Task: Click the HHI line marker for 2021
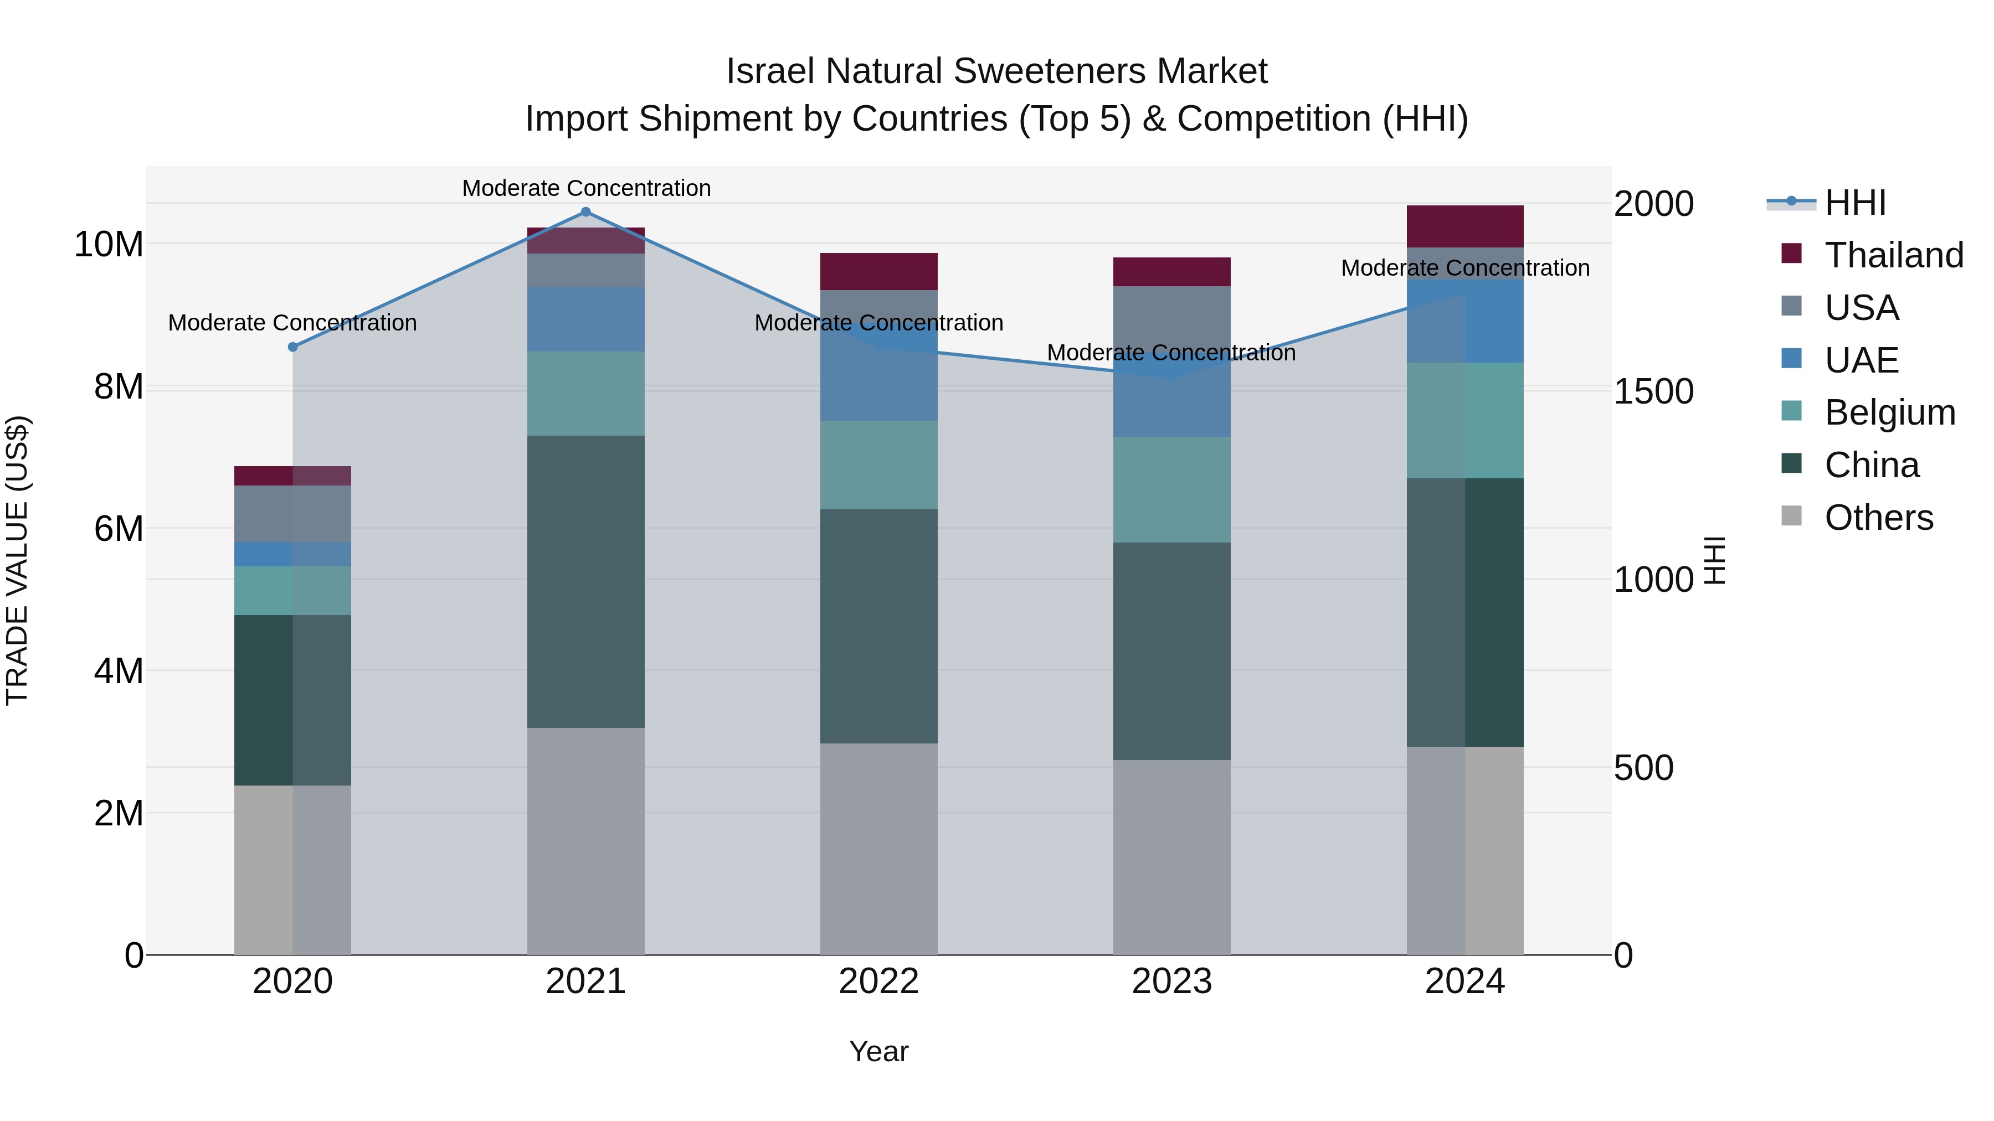(585, 212)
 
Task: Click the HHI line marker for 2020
(292, 347)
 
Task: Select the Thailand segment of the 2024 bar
(1464, 226)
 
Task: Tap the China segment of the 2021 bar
(585, 582)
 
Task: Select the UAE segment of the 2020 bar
(292, 554)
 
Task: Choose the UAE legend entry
(1861, 360)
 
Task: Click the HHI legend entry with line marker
(1827, 203)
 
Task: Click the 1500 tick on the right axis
(1653, 391)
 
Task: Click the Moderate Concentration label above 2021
(586, 188)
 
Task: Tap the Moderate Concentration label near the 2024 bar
(1464, 268)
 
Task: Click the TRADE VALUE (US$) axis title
(17, 560)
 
